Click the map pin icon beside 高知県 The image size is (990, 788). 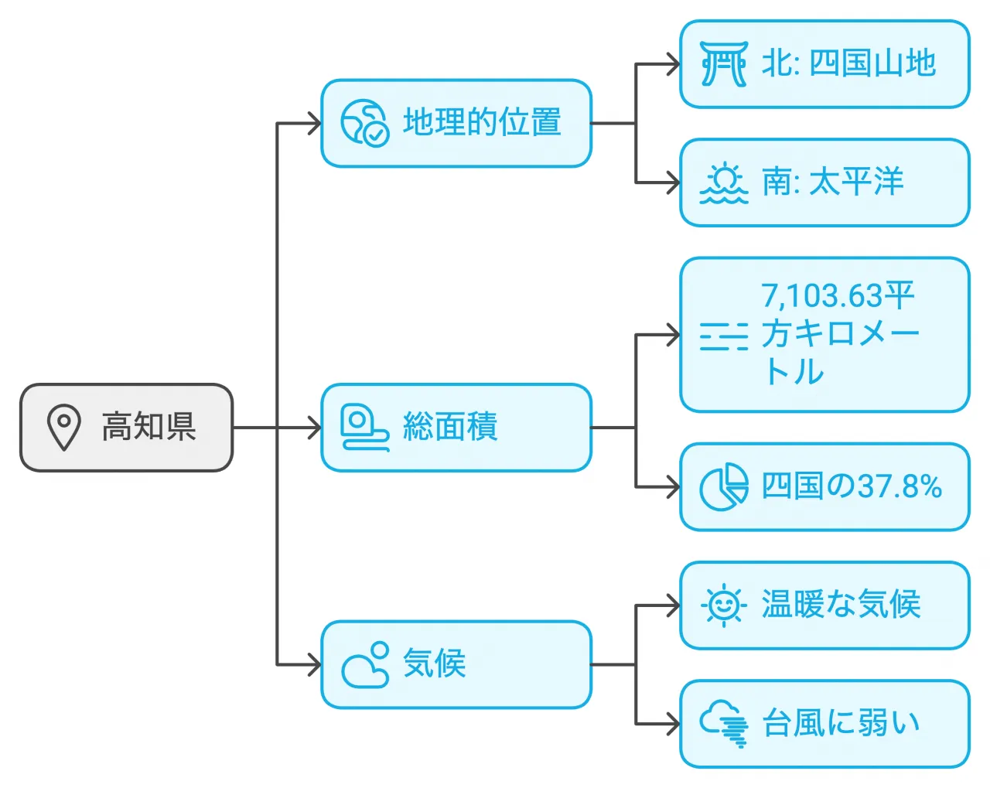(x=63, y=427)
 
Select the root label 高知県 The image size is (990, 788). (x=148, y=427)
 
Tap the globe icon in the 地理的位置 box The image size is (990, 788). (x=364, y=122)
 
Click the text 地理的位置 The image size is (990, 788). (x=481, y=122)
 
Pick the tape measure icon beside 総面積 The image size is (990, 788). (x=364, y=428)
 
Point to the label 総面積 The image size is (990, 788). (x=449, y=427)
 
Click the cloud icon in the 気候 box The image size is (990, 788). (x=364, y=664)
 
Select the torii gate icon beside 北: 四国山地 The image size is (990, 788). (x=723, y=63)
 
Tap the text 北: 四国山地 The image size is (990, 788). (x=848, y=63)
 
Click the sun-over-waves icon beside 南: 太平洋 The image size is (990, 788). (x=723, y=183)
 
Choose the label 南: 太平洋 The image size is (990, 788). (x=832, y=183)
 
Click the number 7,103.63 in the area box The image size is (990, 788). (x=821, y=295)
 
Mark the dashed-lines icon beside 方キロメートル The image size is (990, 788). (x=723, y=336)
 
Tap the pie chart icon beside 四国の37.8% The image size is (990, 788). (x=723, y=487)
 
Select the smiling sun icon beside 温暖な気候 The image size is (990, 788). (x=723, y=605)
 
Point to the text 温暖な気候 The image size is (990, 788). (x=841, y=605)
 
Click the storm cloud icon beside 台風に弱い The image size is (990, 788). (x=725, y=724)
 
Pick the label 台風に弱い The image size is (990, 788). (x=841, y=723)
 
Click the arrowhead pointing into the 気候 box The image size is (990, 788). (x=314, y=664)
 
